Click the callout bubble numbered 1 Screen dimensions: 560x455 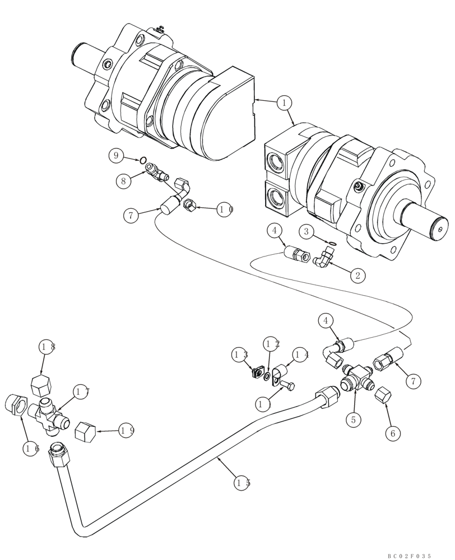[285, 102]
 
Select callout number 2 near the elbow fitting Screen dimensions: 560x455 [356, 275]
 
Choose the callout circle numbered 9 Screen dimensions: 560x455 [116, 155]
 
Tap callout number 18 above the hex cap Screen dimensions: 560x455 [47, 347]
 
